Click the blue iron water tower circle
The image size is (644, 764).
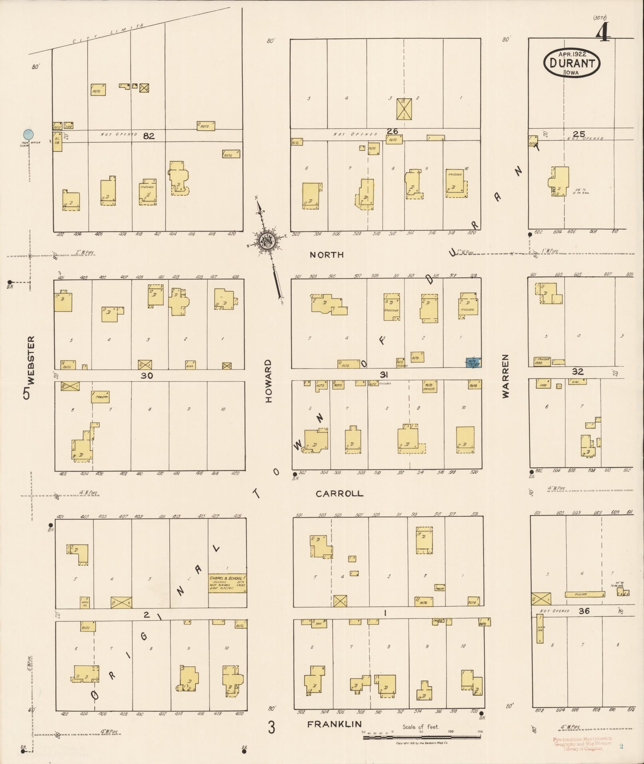28,135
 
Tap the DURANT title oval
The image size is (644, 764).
571,63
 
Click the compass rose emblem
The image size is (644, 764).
265,241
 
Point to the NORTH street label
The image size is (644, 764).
327,255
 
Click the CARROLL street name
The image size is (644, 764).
339,494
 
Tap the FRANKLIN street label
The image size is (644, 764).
335,724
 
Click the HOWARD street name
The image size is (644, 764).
268,381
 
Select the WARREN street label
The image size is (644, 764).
506,376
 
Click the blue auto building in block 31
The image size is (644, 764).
474,362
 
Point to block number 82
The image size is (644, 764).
149,136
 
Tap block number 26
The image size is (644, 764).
392,131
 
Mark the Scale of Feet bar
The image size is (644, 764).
423,737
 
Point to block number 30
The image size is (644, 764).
147,375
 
